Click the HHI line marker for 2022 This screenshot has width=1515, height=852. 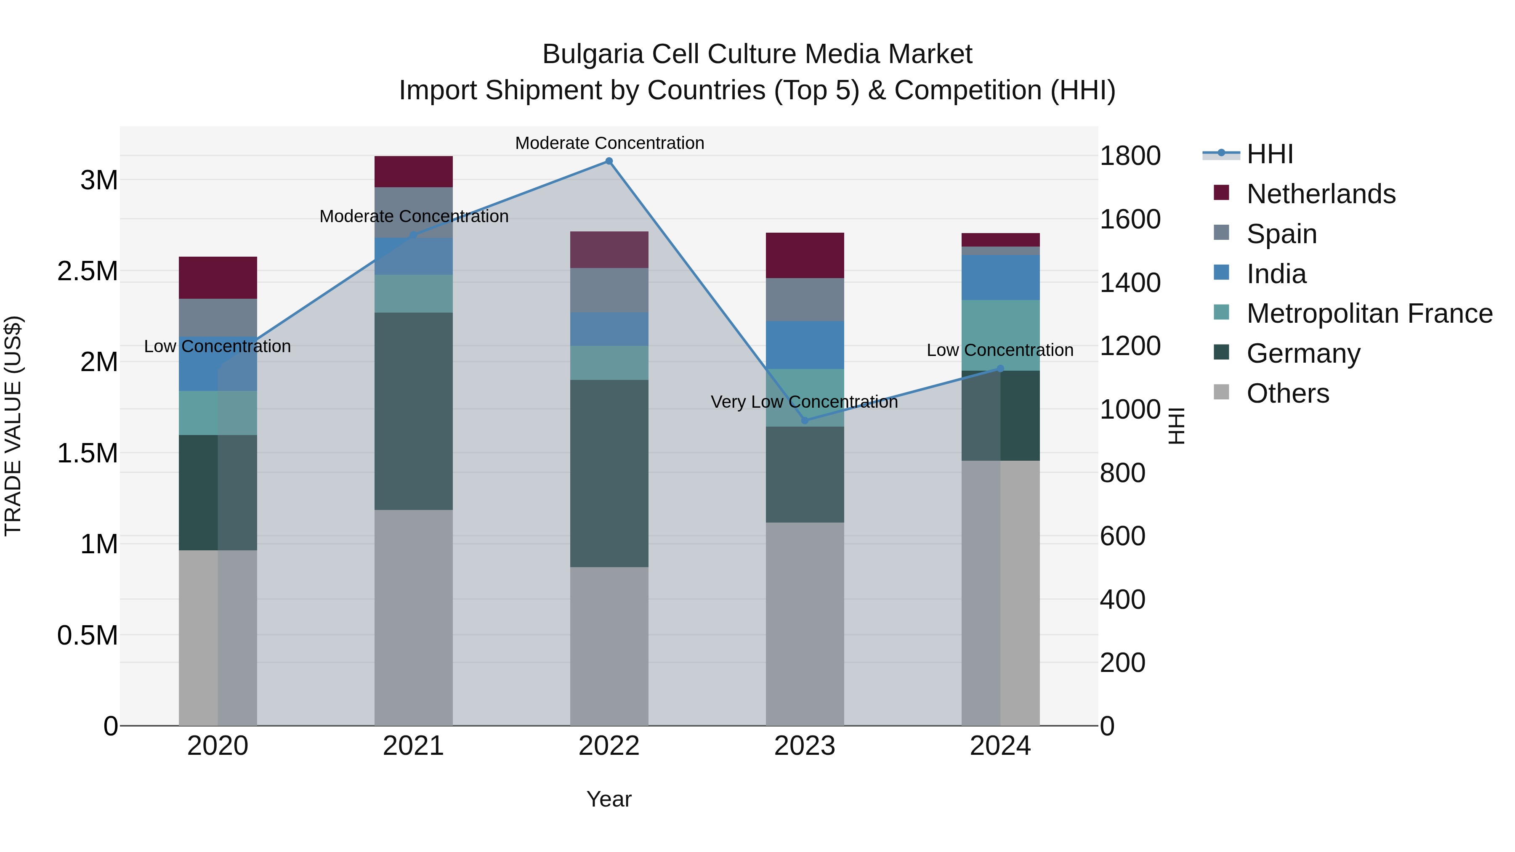pos(609,161)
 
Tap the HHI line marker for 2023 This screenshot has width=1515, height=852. pos(805,420)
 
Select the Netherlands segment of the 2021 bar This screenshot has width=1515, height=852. pos(413,172)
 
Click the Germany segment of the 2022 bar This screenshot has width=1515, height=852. pos(609,473)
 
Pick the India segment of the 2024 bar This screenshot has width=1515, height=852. pos(1000,278)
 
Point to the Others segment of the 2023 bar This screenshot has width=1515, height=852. pos(805,623)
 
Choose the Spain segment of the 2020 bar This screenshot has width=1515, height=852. pos(218,318)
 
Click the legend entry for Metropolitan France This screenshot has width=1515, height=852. pos(1369,313)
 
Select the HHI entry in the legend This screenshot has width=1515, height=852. pos(1269,154)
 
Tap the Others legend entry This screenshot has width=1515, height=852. pos(1287,393)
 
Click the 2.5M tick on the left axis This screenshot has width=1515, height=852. pos(88,271)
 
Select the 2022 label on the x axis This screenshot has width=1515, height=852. pos(609,746)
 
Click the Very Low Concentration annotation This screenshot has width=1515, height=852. pos(804,402)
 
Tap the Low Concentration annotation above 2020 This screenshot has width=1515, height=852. pos(217,346)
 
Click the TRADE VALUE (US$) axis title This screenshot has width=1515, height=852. pos(13,426)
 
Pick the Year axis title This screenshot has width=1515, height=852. pos(609,799)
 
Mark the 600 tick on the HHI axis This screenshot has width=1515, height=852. pos(1122,536)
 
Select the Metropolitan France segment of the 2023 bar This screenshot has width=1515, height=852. pos(805,398)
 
